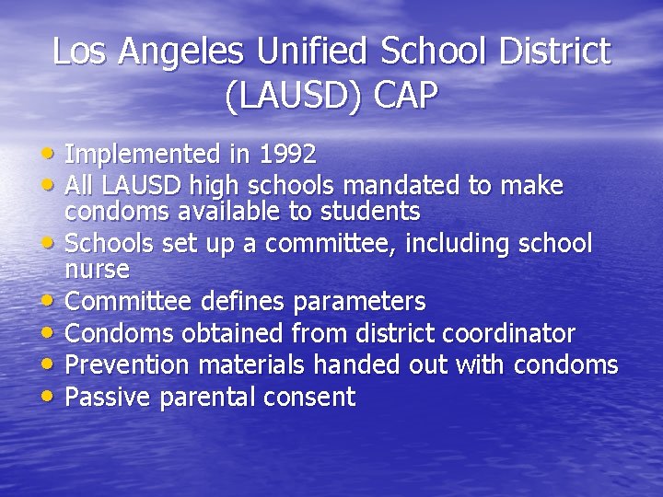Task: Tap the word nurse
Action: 97,270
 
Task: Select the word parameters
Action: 359,301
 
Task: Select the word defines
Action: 246,301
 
